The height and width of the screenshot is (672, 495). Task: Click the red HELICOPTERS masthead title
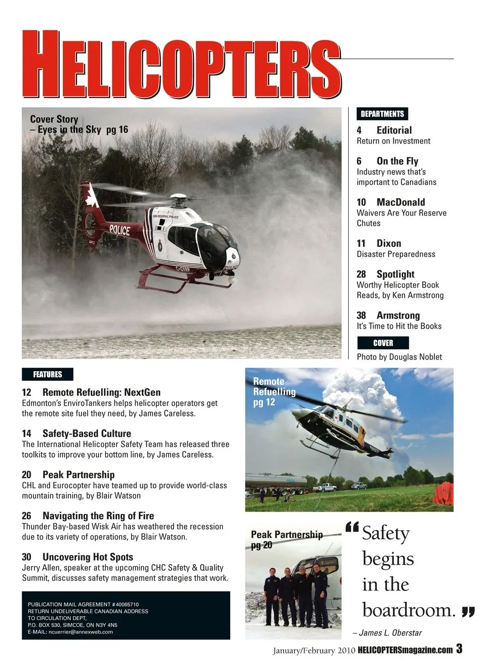click(181, 65)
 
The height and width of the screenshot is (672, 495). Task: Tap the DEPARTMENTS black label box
click(382, 114)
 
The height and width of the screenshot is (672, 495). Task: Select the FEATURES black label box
click(47, 374)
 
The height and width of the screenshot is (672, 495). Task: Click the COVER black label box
click(383, 343)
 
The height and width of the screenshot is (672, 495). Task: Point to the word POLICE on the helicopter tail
click(120, 230)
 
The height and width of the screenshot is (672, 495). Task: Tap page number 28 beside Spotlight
click(361, 274)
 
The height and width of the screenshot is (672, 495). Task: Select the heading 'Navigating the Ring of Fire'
click(98, 516)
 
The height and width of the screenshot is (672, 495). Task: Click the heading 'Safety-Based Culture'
click(87, 434)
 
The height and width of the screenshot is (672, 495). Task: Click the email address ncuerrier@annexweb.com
click(81, 632)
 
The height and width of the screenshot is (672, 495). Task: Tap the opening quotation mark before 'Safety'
click(352, 527)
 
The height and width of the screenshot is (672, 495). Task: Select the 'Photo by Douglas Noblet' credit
click(399, 357)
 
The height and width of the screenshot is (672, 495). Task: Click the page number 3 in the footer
click(459, 649)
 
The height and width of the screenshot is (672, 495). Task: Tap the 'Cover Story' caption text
click(54, 119)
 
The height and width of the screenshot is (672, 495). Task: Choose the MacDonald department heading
click(401, 202)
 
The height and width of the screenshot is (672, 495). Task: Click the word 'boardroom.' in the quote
click(409, 610)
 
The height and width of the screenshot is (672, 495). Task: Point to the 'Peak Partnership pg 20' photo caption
click(286, 539)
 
